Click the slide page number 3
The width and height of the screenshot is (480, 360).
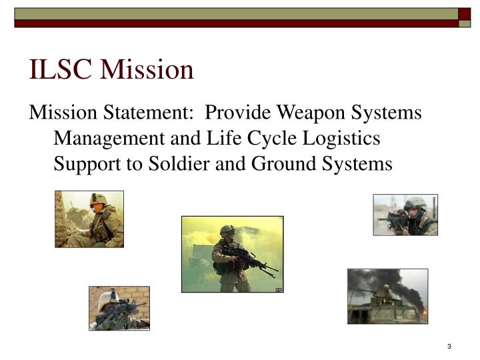450,346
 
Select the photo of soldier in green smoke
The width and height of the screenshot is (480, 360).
232,254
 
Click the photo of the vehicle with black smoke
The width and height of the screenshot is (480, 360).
387,296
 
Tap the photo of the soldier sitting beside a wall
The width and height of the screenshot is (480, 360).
89,219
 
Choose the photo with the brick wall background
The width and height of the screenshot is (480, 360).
119,308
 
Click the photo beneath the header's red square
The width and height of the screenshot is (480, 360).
405,215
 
